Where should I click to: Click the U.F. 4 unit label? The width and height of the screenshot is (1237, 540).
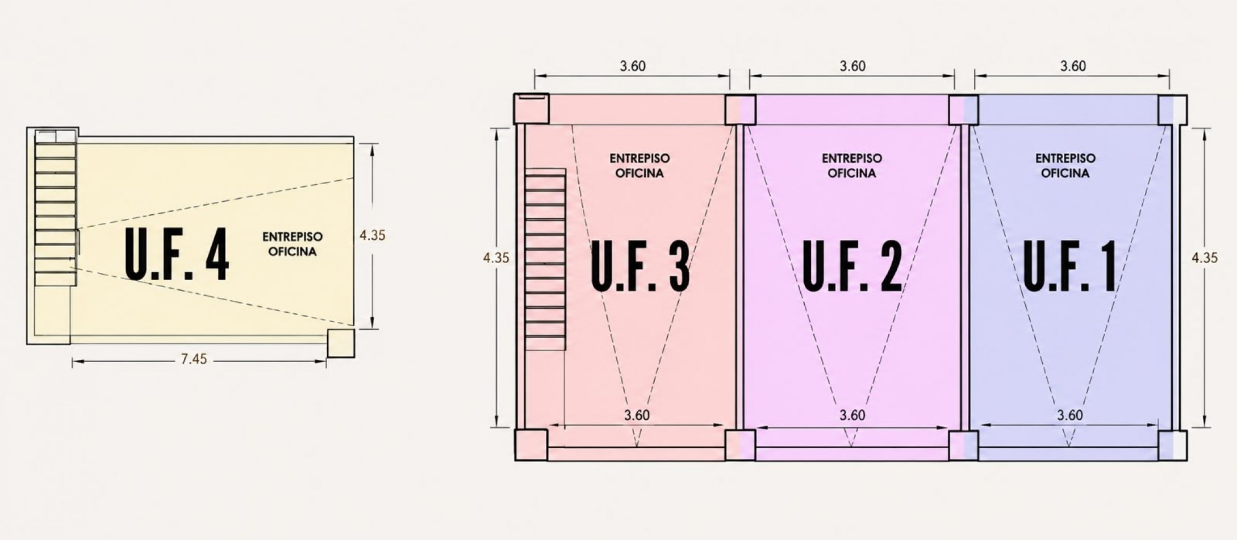click(177, 255)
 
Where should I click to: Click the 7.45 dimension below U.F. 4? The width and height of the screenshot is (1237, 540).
click(194, 359)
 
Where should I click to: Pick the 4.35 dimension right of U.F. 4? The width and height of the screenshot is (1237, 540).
click(373, 235)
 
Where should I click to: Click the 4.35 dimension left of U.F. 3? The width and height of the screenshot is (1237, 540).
click(496, 258)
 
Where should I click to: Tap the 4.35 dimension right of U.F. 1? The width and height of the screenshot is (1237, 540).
click(1205, 258)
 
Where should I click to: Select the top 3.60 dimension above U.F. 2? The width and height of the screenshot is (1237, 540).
click(852, 67)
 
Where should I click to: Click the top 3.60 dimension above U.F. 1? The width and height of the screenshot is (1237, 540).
click(1073, 67)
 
